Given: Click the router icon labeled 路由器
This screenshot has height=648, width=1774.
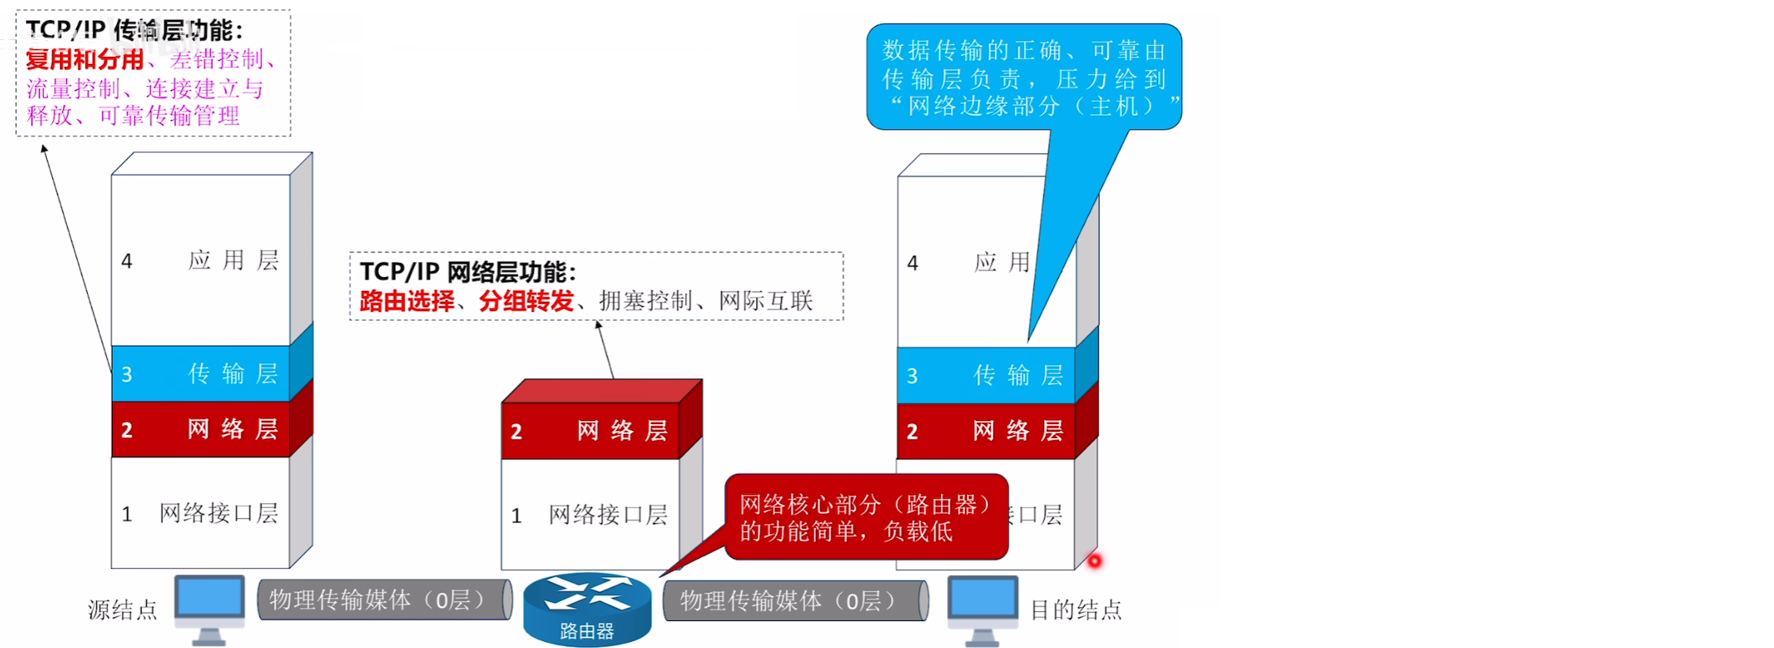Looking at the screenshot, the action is [x=587, y=610].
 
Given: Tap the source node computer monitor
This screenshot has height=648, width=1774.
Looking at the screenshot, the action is [x=209, y=601].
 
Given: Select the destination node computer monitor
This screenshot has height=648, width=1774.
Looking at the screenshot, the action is [x=982, y=601].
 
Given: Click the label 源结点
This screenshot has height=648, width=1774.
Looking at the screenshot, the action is [x=122, y=610].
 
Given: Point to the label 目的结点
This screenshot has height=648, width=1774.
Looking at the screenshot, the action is [x=1076, y=610].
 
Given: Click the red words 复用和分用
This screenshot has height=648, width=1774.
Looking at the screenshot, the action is [x=85, y=59].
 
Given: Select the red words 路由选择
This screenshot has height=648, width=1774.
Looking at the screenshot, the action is [x=407, y=301].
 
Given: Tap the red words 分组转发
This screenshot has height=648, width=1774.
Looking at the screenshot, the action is [x=526, y=301].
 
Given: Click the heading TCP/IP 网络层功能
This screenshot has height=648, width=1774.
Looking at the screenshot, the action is [x=467, y=272].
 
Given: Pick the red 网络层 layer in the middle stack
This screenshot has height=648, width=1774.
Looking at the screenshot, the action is [x=591, y=431].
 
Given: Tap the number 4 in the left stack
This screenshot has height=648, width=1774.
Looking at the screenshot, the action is [x=127, y=262].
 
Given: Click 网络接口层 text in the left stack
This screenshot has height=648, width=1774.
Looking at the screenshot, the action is [x=219, y=513].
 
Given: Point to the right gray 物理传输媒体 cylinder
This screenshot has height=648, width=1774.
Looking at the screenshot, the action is [x=795, y=600].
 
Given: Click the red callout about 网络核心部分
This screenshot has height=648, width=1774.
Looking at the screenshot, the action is [x=865, y=517].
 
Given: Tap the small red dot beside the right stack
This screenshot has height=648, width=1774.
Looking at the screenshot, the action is [x=1094, y=561].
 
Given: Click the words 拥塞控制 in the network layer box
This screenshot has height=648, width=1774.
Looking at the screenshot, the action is [x=645, y=301].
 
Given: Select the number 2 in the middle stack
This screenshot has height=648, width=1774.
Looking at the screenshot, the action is [x=517, y=432].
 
